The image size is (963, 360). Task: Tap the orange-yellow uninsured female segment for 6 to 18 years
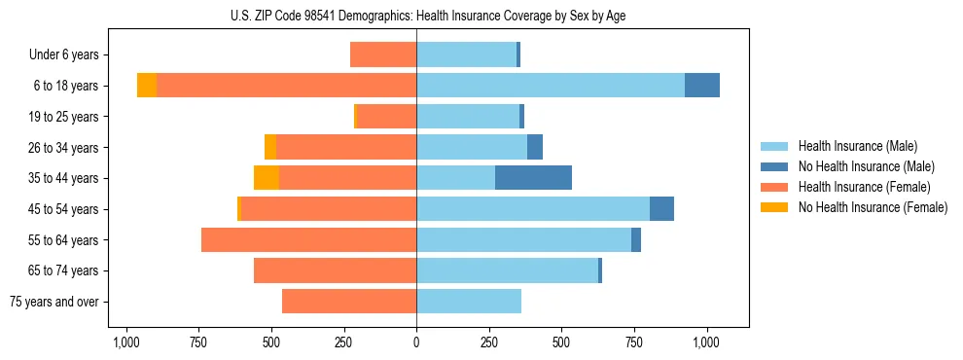click(x=146, y=86)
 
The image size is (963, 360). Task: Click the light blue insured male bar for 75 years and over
click(x=469, y=302)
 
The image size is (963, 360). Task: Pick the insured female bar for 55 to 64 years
click(x=308, y=239)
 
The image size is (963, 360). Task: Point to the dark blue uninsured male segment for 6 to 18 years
click(x=702, y=86)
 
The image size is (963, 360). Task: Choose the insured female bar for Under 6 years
click(x=383, y=54)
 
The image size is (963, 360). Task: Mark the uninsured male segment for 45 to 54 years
click(x=661, y=209)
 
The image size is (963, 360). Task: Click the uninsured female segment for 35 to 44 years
click(x=267, y=178)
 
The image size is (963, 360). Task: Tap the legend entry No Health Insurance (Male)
click(x=866, y=166)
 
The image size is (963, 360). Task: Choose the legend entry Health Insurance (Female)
click(x=864, y=187)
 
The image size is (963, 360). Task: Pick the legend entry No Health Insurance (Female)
click(x=873, y=207)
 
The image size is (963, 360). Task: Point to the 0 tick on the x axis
click(x=416, y=342)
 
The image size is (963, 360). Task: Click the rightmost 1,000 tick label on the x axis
click(x=707, y=342)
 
